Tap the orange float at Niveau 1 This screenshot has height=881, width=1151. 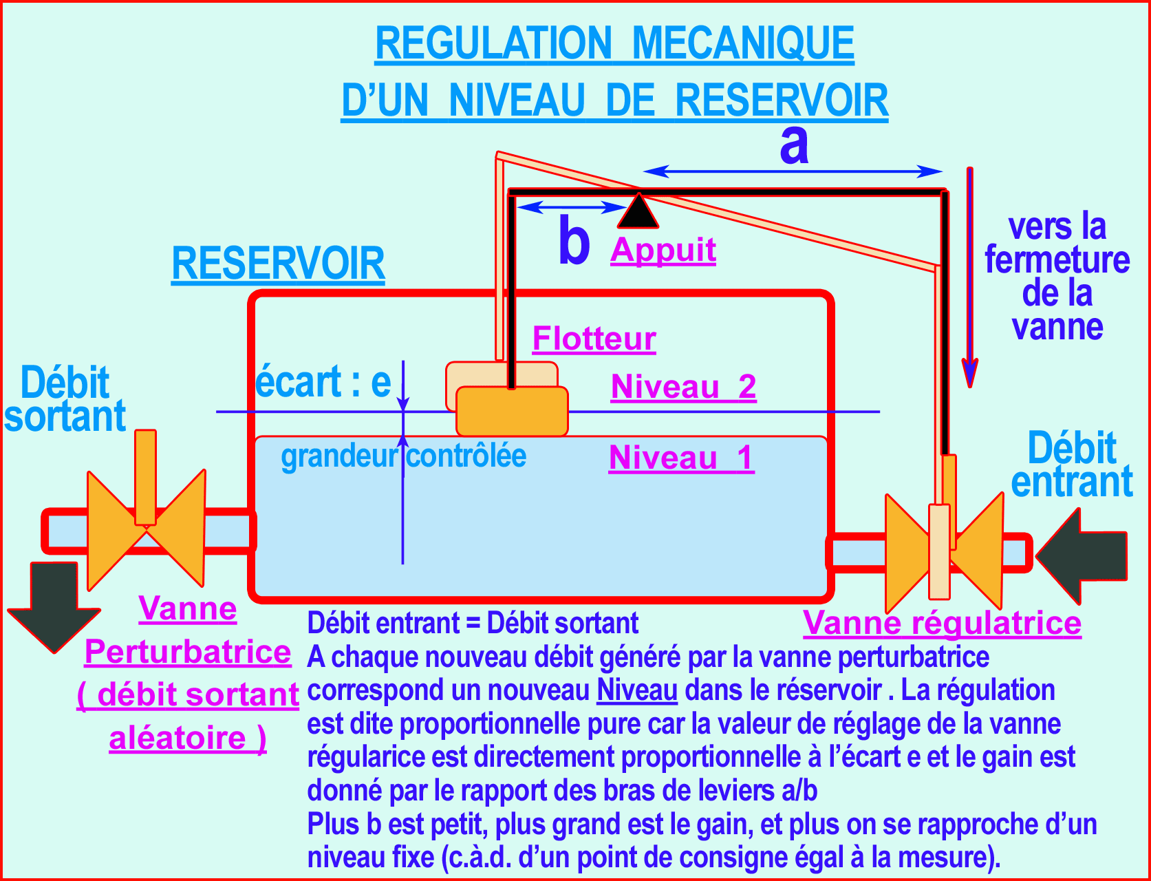(512, 412)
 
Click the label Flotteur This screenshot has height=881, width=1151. (594, 339)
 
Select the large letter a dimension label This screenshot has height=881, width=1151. (794, 145)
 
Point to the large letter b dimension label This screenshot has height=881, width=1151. (574, 241)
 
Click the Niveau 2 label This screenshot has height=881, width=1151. (683, 387)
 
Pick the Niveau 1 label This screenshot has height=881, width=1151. (681, 458)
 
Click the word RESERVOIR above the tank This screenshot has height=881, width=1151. (278, 264)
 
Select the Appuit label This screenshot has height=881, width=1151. (663, 250)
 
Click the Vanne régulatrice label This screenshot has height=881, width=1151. (942, 624)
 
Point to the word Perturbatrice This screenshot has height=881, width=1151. (187, 652)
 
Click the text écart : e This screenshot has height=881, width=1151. (323, 382)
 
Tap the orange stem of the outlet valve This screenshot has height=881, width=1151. (145, 476)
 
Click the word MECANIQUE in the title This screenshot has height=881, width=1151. (742, 43)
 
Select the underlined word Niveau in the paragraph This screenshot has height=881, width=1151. (637, 690)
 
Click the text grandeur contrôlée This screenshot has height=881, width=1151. (403, 456)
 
